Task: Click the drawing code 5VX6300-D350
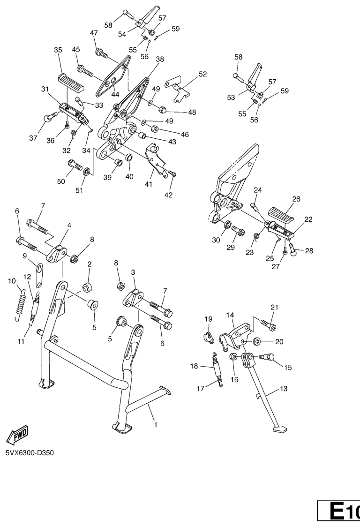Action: tap(30, 453)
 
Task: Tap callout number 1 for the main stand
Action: tap(156, 425)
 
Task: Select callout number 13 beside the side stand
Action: tap(284, 389)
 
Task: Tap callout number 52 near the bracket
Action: tap(202, 74)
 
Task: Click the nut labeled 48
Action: tap(162, 109)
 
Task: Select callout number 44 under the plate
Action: tap(115, 94)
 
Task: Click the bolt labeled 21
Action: tap(268, 324)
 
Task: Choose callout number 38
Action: tap(160, 59)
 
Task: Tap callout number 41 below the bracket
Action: tap(149, 184)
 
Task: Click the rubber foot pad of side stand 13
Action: tap(279, 429)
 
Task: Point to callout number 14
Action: tap(230, 315)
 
